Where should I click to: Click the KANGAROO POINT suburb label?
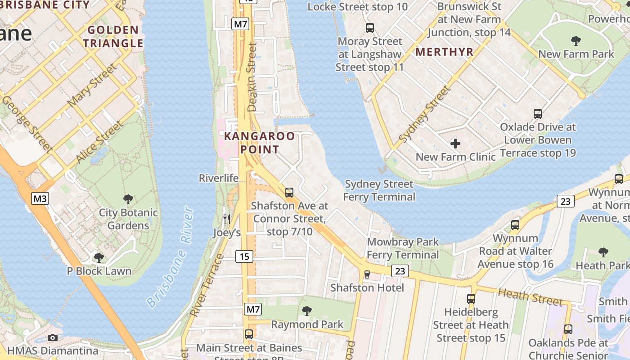(x=260, y=143)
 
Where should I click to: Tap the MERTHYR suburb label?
(x=444, y=52)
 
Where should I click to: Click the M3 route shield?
(x=40, y=198)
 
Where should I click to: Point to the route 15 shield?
(x=244, y=256)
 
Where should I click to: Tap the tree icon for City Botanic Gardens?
(x=128, y=199)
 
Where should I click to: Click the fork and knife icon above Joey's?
(x=227, y=219)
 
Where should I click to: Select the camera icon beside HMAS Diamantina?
(x=53, y=337)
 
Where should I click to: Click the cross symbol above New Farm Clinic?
(x=455, y=144)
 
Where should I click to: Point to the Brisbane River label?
(x=170, y=257)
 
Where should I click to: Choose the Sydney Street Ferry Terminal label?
(x=379, y=190)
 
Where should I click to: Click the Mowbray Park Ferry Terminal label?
(x=403, y=248)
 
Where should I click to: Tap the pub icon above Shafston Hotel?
(x=367, y=274)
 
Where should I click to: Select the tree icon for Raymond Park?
(x=307, y=310)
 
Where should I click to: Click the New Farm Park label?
(x=576, y=54)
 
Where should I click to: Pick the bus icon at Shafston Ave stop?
(x=289, y=193)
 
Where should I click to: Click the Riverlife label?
(x=219, y=178)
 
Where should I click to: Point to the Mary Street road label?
(x=92, y=85)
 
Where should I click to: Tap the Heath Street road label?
(x=530, y=297)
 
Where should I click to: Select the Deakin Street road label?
(x=252, y=76)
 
